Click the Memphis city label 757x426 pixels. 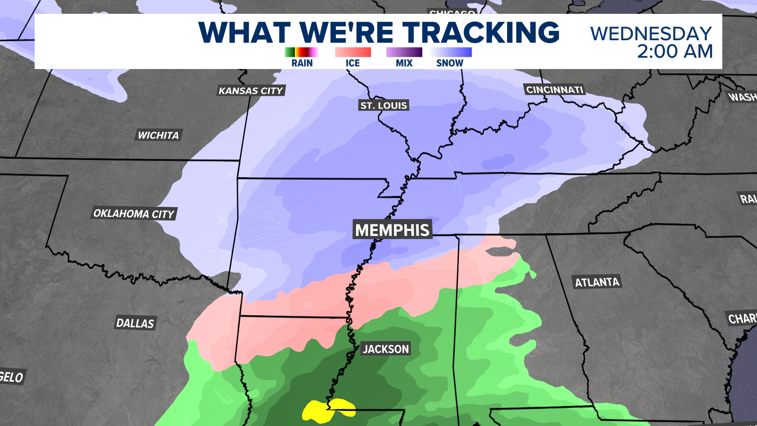[x=392, y=230]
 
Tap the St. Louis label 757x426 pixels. [x=384, y=105]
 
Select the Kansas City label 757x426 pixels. [x=251, y=91]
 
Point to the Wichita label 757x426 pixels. [x=158, y=135]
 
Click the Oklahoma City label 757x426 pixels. [x=134, y=214]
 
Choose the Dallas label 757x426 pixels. [x=135, y=323]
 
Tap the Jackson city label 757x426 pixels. [x=386, y=349]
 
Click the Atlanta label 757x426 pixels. [x=597, y=282]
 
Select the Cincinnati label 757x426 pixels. [x=554, y=90]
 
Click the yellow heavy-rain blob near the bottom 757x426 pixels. [x=327, y=411]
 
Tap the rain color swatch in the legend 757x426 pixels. [x=302, y=52]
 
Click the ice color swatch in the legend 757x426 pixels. [x=353, y=52]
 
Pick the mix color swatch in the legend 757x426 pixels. [x=404, y=52]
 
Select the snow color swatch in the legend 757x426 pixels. [x=451, y=52]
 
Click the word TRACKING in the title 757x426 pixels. [x=481, y=32]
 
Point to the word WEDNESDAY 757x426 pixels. [x=651, y=34]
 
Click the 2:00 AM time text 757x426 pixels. [x=675, y=52]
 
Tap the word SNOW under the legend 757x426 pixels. [x=449, y=63]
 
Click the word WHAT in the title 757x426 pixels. [x=244, y=32]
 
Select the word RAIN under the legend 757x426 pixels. [x=302, y=63]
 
